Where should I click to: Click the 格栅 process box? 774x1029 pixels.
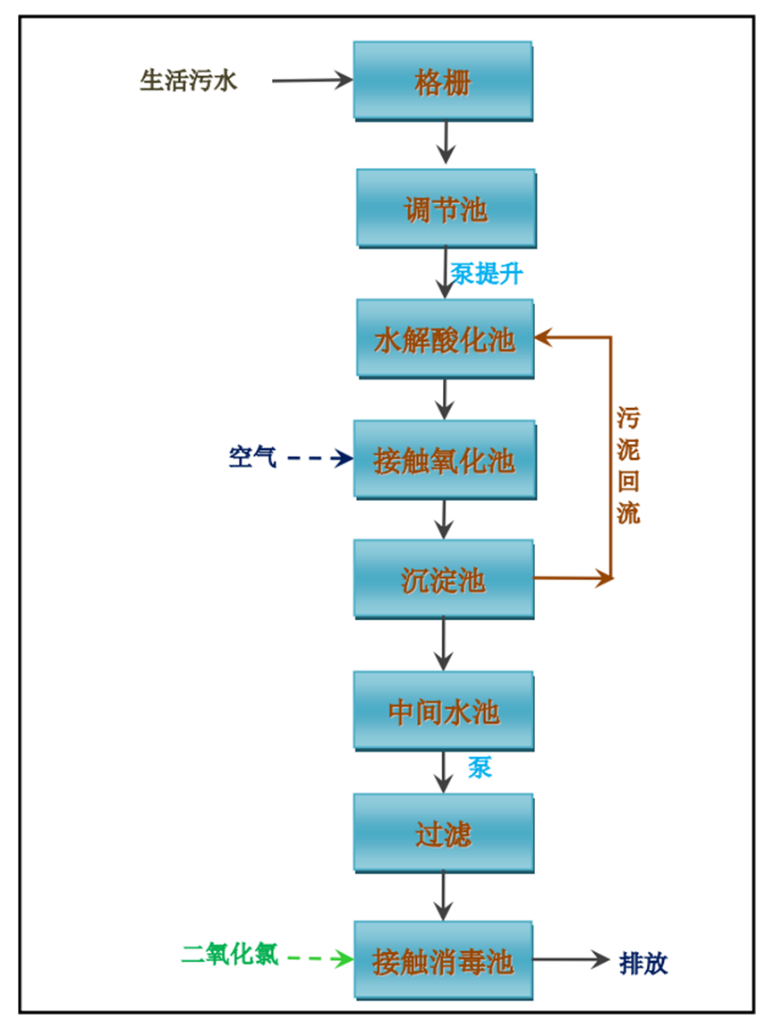pyautogui.click(x=443, y=81)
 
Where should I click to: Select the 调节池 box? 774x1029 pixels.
pyautogui.click(x=446, y=208)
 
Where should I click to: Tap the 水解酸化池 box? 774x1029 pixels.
pyautogui.click(x=445, y=339)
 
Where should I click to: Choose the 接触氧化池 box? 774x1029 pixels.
pyautogui.click(x=444, y=460)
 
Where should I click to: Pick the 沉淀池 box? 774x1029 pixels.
pyautogui.click(x=444, y=579)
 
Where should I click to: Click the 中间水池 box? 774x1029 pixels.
pyautogui.click(x=444, y=711)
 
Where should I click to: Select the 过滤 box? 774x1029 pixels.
pyautogui.click(x=444, y=833)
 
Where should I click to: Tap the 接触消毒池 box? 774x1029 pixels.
pyautogui.click(x=444, y=961)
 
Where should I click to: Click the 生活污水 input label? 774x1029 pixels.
pyautogui.click(x=189, y=81)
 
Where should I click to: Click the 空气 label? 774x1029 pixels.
pyautogui.click(x=252, y=458)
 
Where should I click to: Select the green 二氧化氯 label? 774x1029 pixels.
pyautogui.click(x=230, y=955)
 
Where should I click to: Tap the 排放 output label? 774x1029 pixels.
pyautogui.click(x=643, y=963)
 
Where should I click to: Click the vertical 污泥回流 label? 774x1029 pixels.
pyautogui.click(x=628, y=466)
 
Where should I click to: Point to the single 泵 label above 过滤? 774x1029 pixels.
pyautogui.click(x=481, y=767)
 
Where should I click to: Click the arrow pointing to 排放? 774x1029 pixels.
pyautogui.click(x=572, y=960)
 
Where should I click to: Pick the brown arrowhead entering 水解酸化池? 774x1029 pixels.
pyautogui.click(x=545, y=337)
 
